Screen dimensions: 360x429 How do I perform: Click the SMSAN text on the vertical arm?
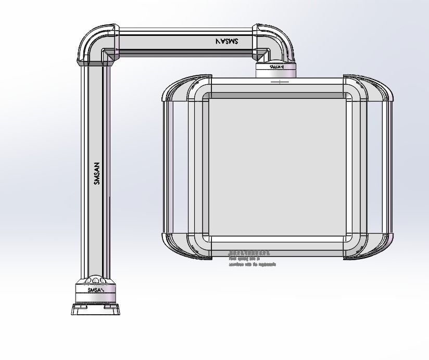tap(96, 174)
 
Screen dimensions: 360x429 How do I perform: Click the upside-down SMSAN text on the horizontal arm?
tap(226, 41)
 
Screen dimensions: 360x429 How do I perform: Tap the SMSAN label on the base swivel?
tap(95, 290)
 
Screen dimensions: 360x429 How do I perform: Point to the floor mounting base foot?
tap(95, 309)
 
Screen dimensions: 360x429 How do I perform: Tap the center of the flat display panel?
tap(277, 166)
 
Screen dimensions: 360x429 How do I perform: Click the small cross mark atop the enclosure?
tap(280, 82)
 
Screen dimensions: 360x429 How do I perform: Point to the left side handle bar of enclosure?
tap(167, 166)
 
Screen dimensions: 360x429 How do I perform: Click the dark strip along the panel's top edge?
tap(277, 96)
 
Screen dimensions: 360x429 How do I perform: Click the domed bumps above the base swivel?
tap(95, 279)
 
